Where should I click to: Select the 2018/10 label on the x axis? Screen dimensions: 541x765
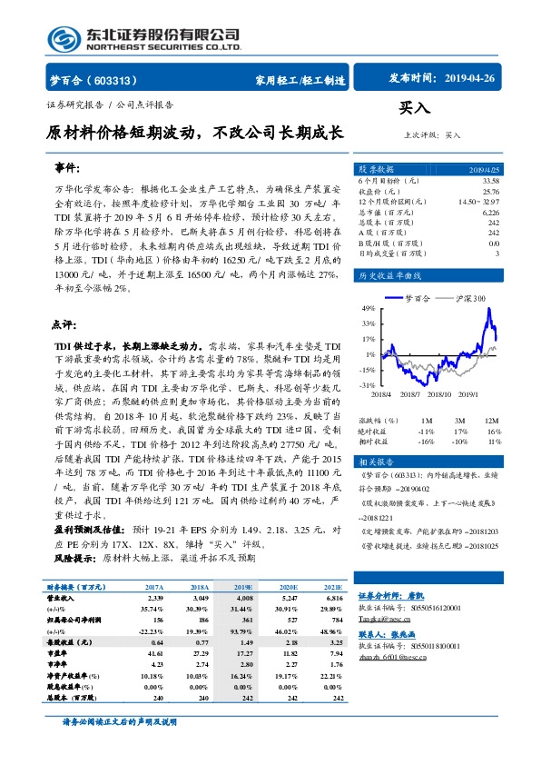[x=439, y=393]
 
